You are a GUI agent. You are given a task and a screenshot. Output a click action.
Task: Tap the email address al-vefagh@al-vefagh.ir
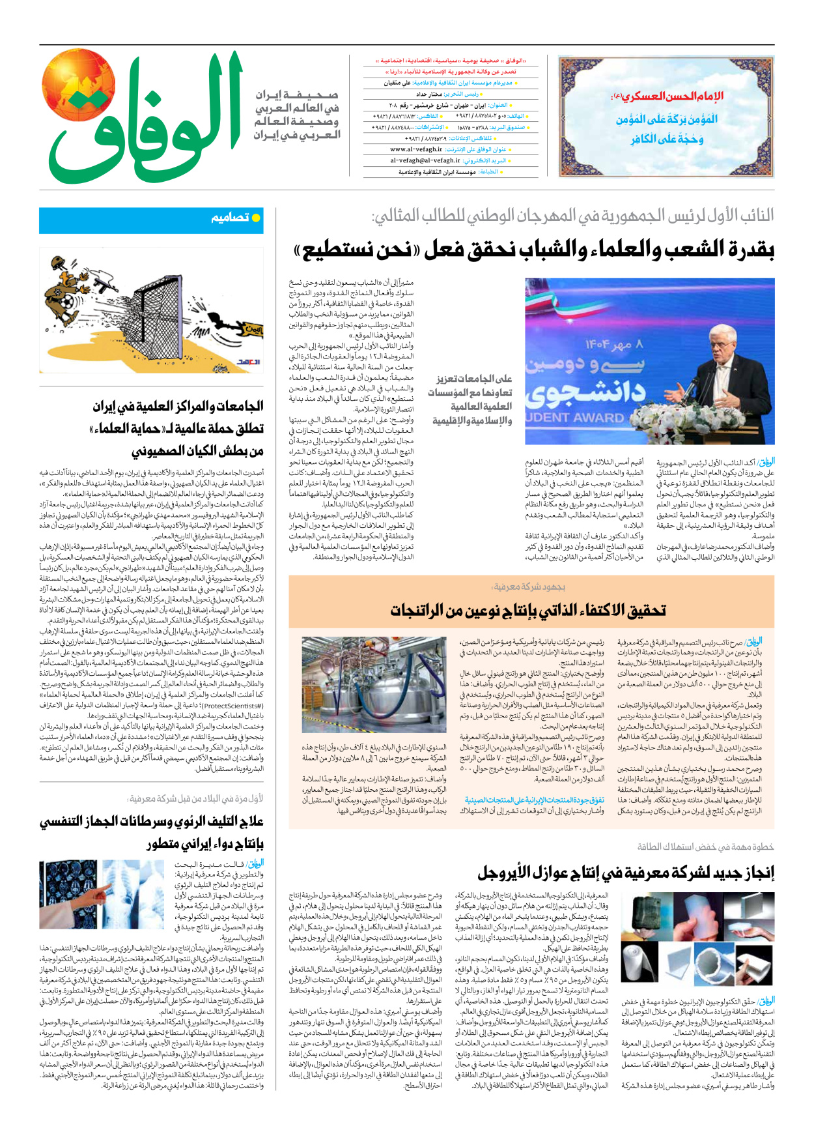pos(425,160)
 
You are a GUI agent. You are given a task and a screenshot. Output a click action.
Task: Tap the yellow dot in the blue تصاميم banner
pos(256,218)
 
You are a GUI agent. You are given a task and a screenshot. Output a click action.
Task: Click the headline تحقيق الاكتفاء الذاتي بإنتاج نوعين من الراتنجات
pos(528,610)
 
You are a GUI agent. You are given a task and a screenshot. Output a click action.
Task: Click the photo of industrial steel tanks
pos(374,684)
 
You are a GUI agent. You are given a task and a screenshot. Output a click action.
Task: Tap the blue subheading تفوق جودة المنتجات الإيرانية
pos(534,800)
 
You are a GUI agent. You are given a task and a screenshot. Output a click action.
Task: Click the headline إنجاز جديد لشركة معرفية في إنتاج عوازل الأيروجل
pos(626,873)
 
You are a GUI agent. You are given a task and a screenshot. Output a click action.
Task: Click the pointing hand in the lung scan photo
pos(104,891)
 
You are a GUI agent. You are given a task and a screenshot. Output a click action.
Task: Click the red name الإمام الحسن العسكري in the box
pos(667,96)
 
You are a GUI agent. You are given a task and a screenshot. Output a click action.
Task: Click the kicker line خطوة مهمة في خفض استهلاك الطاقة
pos(705,847)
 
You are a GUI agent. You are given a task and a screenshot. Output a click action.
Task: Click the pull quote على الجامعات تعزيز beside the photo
pos(473,378)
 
